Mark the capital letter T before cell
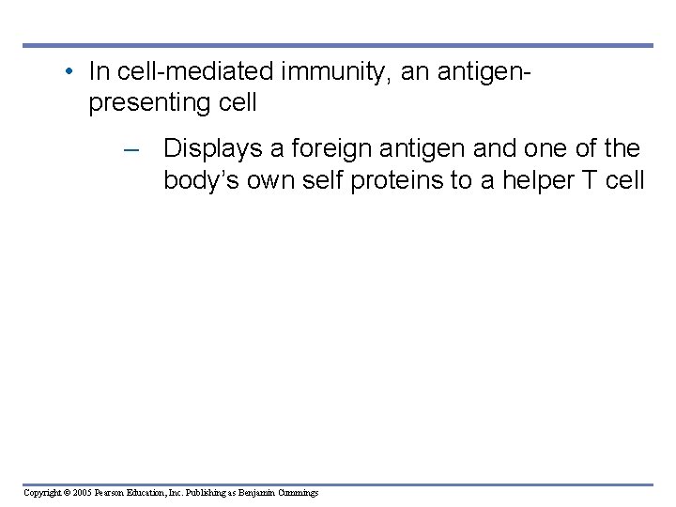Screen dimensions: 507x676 coord(591,180)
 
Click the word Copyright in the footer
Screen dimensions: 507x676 coord(42,493)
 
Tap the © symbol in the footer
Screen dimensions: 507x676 coord(68,493)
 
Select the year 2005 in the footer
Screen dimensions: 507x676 coord(83,493)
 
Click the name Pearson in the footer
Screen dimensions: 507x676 coord(112,493)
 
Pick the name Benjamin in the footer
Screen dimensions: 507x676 coord(255,493)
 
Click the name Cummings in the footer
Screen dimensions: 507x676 coord(298,493)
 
